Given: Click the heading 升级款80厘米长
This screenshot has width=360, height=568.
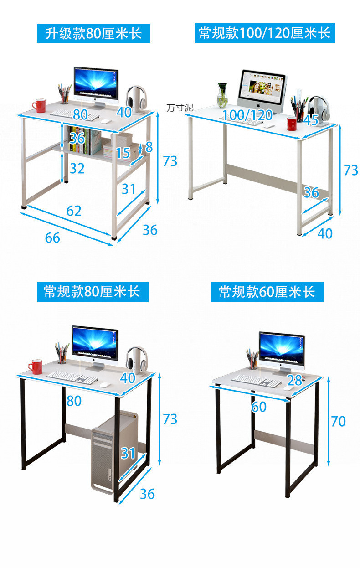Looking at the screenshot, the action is click(x=93, y=33).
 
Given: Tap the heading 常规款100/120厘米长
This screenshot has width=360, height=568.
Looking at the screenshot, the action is click(x=265, y=33).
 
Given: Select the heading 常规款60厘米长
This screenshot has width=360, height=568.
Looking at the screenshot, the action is click(x=267, y=292).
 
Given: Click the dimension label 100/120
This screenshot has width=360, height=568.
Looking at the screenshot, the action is click(x=247, y=115).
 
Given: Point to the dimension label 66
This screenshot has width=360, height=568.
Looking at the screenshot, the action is click(x=52, y=238).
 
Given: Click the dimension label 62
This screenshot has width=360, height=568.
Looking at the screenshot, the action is click(x=74, y=211).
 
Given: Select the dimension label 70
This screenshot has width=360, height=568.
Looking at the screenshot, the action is click(x=338, y=421).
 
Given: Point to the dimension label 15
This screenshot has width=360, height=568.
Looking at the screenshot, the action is click(x=123, y=152).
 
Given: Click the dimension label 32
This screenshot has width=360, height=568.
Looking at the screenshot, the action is click(x=77, y=168).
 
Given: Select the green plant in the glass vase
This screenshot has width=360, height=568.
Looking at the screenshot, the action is click(x=222, y=94).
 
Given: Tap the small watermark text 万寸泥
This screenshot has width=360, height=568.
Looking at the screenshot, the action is click(x=180, y=108).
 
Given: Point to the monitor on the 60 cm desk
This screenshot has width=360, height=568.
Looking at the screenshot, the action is click(x=282, y=350).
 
